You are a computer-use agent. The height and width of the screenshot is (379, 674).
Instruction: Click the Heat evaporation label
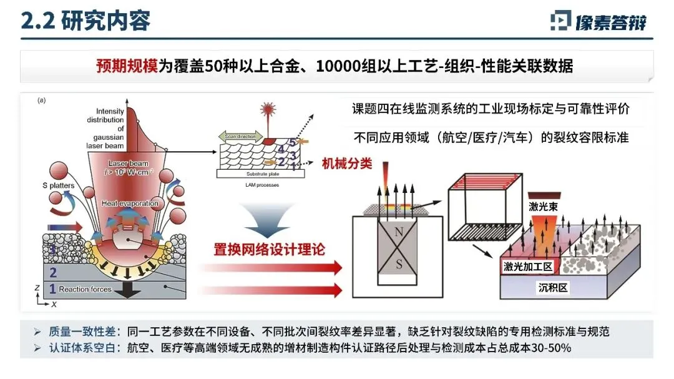[x=130, y=204]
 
